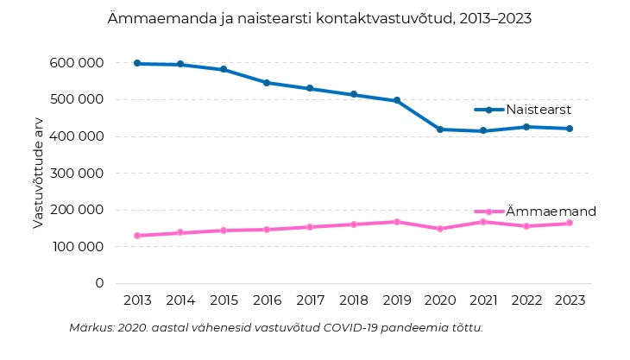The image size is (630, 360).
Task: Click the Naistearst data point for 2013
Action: (x=137, y=63)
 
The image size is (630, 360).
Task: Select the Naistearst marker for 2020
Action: (x=439, y=129)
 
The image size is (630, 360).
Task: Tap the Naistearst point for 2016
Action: (x=267, y=83)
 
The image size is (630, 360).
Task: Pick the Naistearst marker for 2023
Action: (x=569, y=129)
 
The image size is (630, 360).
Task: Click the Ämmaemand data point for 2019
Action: (x=396, y=222)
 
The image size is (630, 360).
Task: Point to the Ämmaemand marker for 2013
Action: (x=137, y=236)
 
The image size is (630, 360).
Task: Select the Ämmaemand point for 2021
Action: (x=482, y=222)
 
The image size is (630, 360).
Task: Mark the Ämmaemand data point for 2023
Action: (x=569, y=223)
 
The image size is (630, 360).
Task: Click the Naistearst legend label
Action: (x=539, y=110)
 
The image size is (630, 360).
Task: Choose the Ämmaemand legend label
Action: (x=551, y=212)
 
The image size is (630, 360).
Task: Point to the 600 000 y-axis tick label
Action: (x=79, y=63)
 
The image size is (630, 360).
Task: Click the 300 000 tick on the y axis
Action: (x=79, y=173)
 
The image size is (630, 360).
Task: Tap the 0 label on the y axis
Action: (x=99, y=283)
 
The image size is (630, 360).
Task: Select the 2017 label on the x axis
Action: (x=310, y=300)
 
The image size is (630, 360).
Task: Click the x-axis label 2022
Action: (x=526, y=300)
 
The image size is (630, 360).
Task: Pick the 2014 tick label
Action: (x=180, y=300)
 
